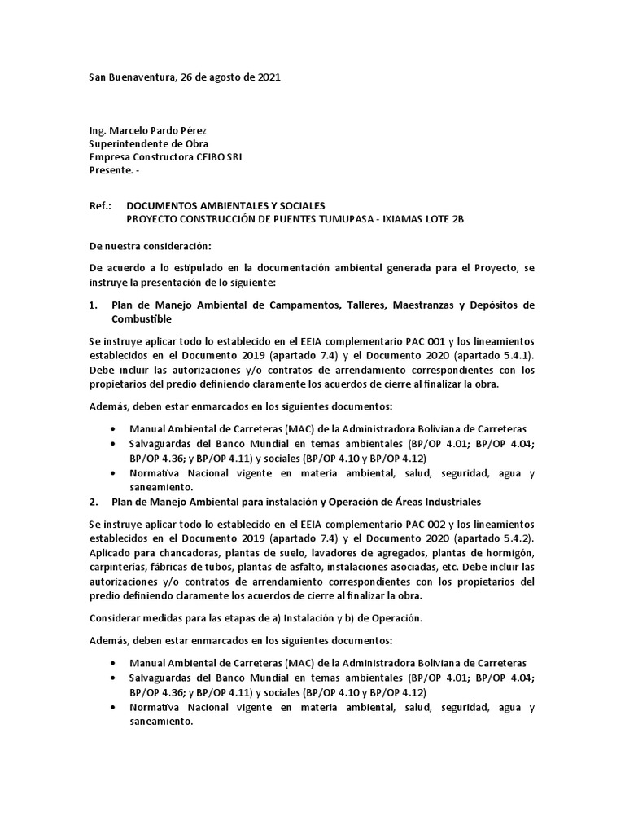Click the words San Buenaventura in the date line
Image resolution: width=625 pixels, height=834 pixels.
tap(128, 77)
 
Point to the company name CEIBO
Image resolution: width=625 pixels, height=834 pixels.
tap(207, 157)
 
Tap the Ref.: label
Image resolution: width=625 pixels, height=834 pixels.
tap(99, 206)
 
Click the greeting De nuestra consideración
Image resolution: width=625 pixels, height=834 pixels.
tap(149, 245)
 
